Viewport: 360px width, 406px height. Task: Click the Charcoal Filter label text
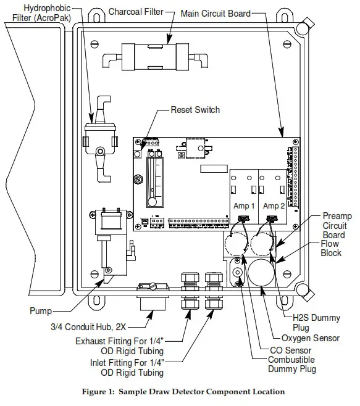pos(136,12)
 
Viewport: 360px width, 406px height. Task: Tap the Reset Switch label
pos(195,110)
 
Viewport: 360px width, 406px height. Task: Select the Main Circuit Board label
pos(216,14)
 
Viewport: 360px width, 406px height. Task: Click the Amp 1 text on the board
pos(244,206)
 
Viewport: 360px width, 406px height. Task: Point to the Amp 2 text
pos(274,206)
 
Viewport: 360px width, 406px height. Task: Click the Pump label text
pos(41,311)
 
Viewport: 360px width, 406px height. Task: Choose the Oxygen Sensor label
pos(310,338)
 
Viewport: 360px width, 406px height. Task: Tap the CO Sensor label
pos(291,350)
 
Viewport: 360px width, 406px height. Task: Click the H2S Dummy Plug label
pos(316,322)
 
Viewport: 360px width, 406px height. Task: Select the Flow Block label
pos(331,248)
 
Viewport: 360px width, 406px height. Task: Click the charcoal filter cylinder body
pos(156,57)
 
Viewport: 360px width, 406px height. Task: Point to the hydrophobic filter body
pos(100,139)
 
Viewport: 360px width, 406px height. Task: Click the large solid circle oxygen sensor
pos(261,273)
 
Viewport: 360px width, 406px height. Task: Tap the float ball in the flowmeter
pos(152,202)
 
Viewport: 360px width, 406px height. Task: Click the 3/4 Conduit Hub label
pos(88,327)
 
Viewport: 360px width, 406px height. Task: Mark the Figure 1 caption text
pos(183,392)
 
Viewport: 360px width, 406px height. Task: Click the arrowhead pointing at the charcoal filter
pos(169,39)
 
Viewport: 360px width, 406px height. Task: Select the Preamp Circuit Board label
pos(337,225)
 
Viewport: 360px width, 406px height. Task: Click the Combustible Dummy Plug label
pos(291,364)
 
